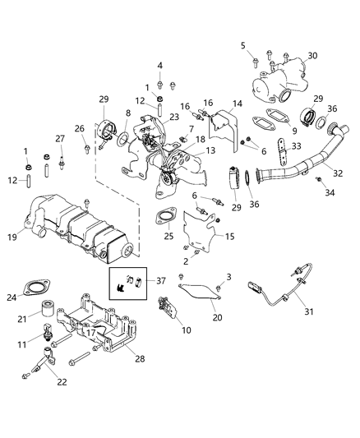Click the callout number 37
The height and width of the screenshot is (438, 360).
point(242,44)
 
